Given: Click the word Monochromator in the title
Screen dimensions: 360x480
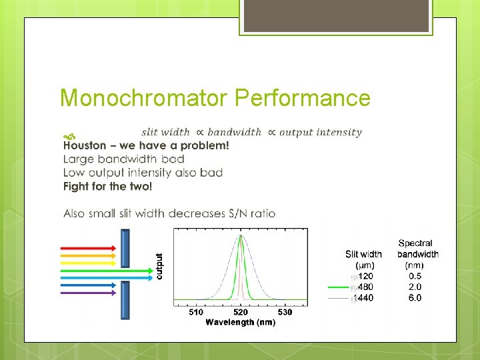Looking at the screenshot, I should pos(144,98).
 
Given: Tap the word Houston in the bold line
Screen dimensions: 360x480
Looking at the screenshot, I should pos(85,145).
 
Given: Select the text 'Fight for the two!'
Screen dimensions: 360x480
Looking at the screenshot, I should pos(107,187).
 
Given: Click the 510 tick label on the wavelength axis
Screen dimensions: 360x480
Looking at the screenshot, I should pos(196,312).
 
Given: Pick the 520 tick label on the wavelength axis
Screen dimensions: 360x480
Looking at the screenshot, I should pos(240,312).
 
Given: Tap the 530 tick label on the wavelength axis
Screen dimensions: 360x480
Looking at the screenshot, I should pos(284,312).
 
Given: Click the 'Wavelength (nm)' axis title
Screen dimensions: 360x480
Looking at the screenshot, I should pos(240,322).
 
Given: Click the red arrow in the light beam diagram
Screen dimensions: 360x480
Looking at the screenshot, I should pos(88,247).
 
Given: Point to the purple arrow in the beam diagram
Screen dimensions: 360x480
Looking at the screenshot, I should pos(88,292).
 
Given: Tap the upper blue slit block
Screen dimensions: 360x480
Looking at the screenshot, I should pos(125,247).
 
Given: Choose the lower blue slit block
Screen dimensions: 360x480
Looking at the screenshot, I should pos(125,300).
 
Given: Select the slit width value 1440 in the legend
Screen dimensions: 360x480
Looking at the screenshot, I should pos(363,298).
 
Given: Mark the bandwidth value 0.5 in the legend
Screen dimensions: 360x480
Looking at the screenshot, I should pos(415,276).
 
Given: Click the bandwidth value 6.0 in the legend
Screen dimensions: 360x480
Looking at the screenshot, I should pos(415,298).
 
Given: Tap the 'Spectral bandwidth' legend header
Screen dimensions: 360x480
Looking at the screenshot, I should pos(417,249).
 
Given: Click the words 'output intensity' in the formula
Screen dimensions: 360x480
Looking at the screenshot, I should pos(321,132).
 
